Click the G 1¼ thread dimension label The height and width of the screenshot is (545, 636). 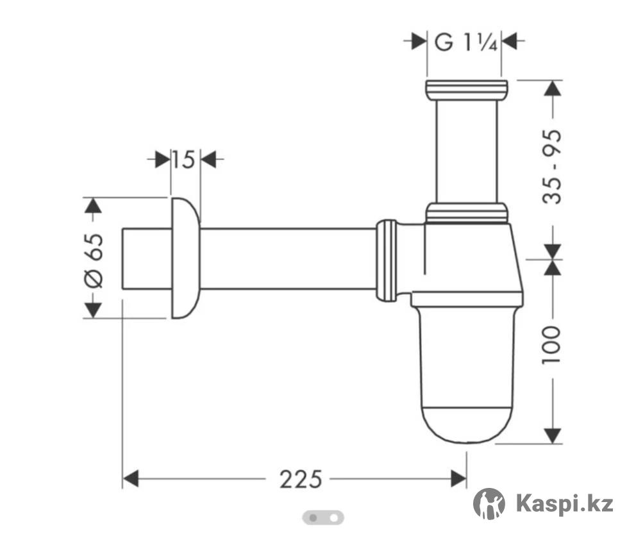click(465, 42)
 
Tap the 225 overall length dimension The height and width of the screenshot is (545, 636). click(301, 480)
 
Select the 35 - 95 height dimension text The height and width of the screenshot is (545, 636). click(552, 167)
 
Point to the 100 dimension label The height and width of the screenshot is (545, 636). click(552, 344)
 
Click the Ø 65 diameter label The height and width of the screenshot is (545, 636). click(94, 261)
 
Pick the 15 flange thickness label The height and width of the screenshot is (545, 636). click(184, 160)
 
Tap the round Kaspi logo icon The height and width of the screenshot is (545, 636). click(489, 504)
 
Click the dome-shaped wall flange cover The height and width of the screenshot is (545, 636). click(185, 258)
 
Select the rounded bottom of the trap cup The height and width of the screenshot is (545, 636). click(467, 425)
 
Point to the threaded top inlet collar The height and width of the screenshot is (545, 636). click(467, 90)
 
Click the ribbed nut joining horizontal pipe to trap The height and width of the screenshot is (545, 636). click(387, 260)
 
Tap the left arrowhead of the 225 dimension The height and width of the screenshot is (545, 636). click(131, 479)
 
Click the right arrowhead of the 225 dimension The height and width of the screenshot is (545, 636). click(459, 479)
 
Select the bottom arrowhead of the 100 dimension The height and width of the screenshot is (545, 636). click(552, 435)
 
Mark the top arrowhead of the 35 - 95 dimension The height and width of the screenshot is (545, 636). click(552, 88)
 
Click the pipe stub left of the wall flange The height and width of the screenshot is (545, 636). click(146, 258)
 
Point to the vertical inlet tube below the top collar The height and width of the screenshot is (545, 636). click(467, 151)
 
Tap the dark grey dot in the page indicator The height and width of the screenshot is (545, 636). click(313, 518)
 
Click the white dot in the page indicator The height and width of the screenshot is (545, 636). click(333, 518)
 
